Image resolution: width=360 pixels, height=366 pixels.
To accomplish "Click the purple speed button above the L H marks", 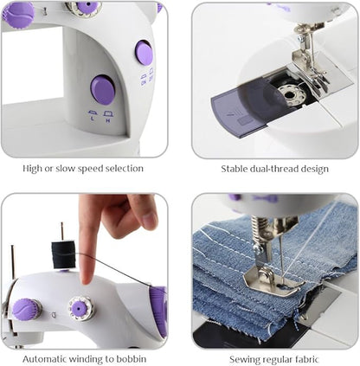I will [103, 89].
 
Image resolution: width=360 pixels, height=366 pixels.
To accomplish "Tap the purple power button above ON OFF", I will [144, 54].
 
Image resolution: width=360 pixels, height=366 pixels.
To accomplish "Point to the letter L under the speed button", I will [93, 119].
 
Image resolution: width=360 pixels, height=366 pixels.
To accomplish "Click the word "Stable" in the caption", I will [236, 169].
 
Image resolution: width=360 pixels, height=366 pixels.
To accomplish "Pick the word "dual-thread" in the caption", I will [281, 169].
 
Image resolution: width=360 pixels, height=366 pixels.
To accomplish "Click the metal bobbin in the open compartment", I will [293, 93].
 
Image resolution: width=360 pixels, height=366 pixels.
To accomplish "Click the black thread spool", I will [62, 254].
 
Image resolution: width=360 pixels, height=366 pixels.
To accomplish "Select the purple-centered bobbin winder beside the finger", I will [82, 306].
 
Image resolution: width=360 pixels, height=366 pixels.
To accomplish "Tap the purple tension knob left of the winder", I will [26, 309].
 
